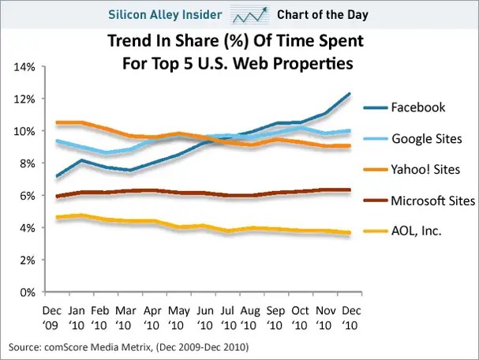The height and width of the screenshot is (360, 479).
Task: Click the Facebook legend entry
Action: [417, 107]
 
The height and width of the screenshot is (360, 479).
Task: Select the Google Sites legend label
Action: [427, 139]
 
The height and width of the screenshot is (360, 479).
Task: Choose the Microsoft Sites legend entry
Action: [433, 200]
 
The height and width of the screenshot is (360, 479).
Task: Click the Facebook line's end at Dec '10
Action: [350, 93]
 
